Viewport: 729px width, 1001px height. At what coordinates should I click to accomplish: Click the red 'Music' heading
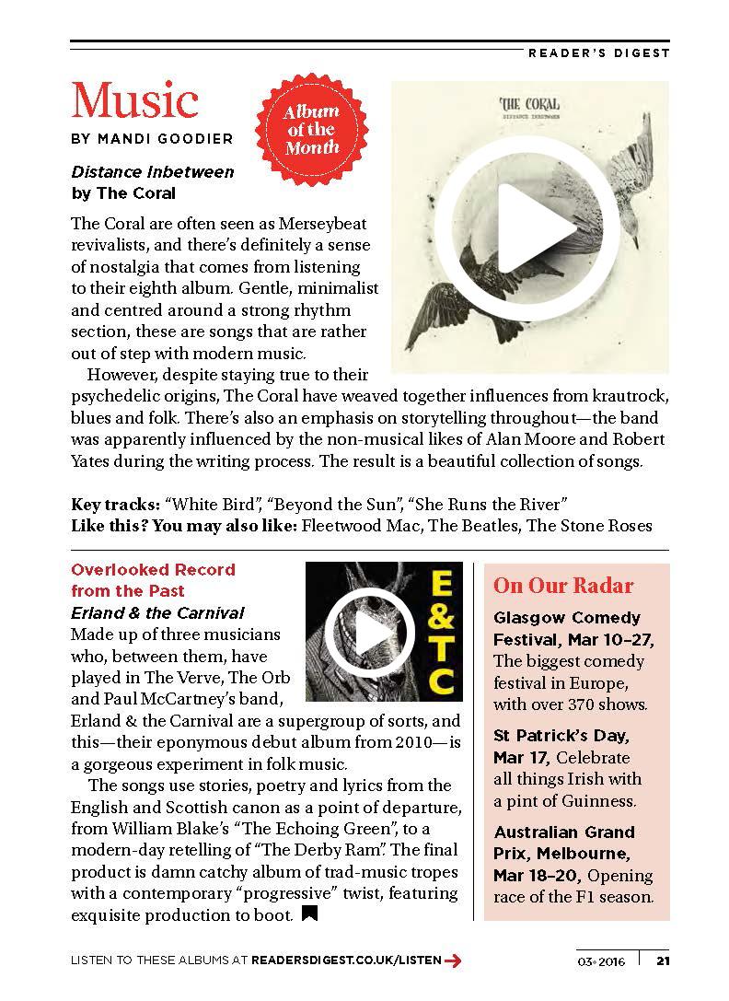click(x=134, y=100)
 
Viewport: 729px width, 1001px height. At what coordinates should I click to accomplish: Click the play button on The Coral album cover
click(x=530, y=227)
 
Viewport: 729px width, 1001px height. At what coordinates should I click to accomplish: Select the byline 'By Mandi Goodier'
click(x=152, y=139)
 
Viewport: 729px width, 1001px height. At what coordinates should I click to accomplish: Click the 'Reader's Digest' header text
click(x=598, y=52)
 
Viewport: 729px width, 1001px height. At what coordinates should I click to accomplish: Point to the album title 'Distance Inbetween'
click(x=153, y=172)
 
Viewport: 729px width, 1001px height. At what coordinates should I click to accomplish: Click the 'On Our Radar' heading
click(x=563, y=586)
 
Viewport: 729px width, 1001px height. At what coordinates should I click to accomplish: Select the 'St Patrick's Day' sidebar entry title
click(x=561, y=736)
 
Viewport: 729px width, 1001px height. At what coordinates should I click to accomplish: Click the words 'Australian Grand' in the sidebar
click(x=564, y=832)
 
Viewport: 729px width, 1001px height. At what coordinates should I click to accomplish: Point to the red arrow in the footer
click(x=453, y=961)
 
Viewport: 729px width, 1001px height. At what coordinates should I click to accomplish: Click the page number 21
click(x=663, y=961)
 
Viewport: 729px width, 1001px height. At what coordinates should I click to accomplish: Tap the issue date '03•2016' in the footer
click(x=602, y=961)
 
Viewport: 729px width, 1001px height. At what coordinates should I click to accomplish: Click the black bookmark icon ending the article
click(x=309, y=914)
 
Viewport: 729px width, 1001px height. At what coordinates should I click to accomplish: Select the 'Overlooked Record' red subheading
click(x=153, y=570)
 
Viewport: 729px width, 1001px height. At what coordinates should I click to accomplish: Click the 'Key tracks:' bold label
click(x=116, y=504)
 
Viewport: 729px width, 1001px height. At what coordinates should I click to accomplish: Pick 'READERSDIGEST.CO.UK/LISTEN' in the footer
click(x=346, y=961)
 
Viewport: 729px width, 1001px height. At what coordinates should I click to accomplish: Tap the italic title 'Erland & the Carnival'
click(x=158, y=613)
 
